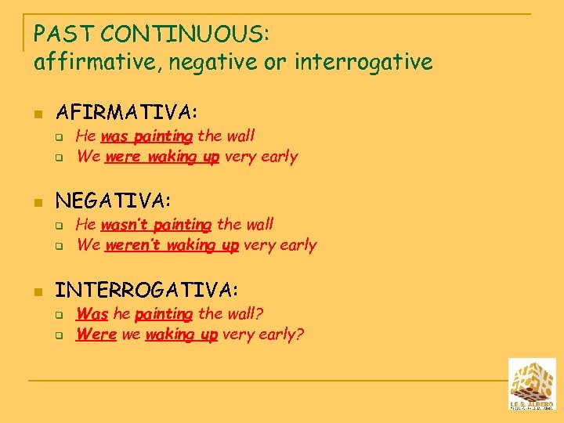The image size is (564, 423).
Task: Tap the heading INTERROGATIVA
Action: (146, 291)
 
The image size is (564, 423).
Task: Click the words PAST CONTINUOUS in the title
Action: (150, 34)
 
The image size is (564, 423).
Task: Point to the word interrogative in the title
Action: (363, 62)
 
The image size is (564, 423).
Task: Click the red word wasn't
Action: (124, 225)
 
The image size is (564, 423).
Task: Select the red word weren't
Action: (129, 245)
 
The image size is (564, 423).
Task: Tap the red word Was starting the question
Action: (92, 314)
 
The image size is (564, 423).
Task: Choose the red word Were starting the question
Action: (96, 334)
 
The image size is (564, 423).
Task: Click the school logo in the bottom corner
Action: (532, 384)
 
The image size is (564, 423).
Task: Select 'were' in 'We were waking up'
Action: (122, 156)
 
